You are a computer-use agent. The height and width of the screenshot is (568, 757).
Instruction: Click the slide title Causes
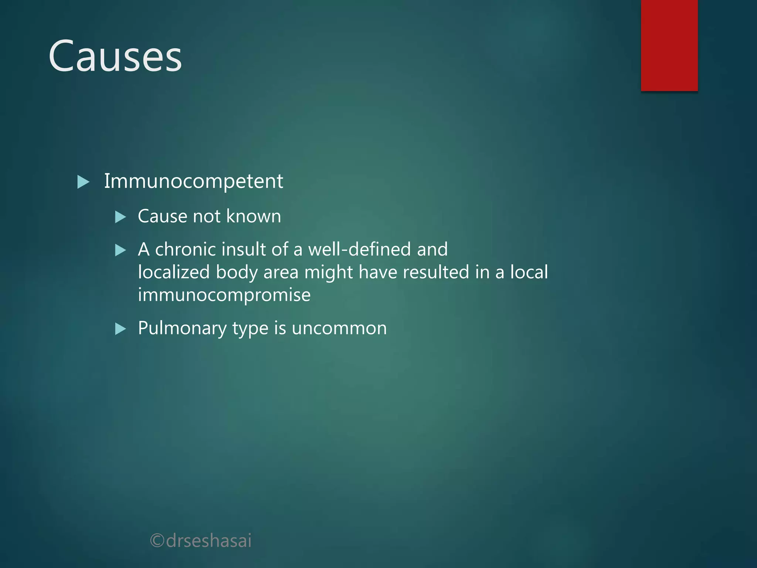(x=115, y=56)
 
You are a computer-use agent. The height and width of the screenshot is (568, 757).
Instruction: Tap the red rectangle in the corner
(x=669, y=45)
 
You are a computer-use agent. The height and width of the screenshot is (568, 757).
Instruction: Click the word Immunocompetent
(x=193, y=181)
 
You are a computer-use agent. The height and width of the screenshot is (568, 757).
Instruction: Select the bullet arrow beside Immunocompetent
(x=83, y=182)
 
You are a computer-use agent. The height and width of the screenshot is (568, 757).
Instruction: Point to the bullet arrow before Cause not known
(x=120, y=217)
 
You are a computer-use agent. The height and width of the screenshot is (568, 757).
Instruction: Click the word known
(x=254, y=216)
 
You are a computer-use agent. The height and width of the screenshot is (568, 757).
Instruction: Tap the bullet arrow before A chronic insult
(x=120, y=250)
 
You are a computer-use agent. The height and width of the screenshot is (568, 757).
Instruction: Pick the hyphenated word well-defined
(x=359, y=249)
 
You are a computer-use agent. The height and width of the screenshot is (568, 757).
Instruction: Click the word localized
(x=174, y=272)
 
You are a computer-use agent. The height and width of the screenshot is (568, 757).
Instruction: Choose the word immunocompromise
(x=224, y=295)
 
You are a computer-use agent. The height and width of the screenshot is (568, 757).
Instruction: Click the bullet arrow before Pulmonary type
(x=120, y=329)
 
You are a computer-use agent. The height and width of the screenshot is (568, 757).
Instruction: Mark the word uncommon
(x=339, y=328)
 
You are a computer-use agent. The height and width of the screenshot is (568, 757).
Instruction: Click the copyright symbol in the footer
(x=157, y=541)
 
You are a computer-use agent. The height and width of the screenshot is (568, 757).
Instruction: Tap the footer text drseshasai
(x=209, y=541)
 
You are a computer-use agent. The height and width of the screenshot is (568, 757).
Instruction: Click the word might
(x=328, y=273)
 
